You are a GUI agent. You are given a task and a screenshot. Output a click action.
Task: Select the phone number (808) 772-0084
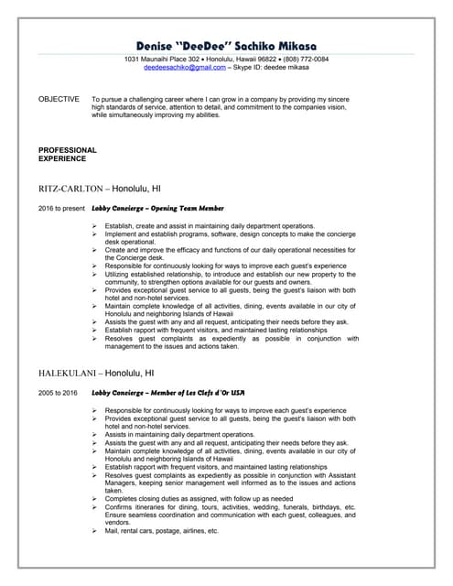(306, 60)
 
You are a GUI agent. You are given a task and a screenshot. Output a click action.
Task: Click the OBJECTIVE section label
(59, 99)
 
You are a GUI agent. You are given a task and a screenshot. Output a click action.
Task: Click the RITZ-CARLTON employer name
(69, 188)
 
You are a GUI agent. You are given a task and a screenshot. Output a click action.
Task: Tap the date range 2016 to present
(61, 209)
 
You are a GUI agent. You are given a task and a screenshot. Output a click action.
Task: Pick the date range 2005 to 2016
(58, 393)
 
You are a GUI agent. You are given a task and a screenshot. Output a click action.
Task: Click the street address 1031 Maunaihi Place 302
(166, 60)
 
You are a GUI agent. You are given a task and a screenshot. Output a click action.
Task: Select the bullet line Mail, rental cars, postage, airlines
(161, 531)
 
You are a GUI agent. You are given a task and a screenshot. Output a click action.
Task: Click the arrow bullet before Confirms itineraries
(95, 506)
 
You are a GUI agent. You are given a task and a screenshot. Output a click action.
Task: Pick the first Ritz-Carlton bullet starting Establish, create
(210, 225)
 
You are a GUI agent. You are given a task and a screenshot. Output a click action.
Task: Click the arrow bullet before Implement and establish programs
(95, 233)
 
